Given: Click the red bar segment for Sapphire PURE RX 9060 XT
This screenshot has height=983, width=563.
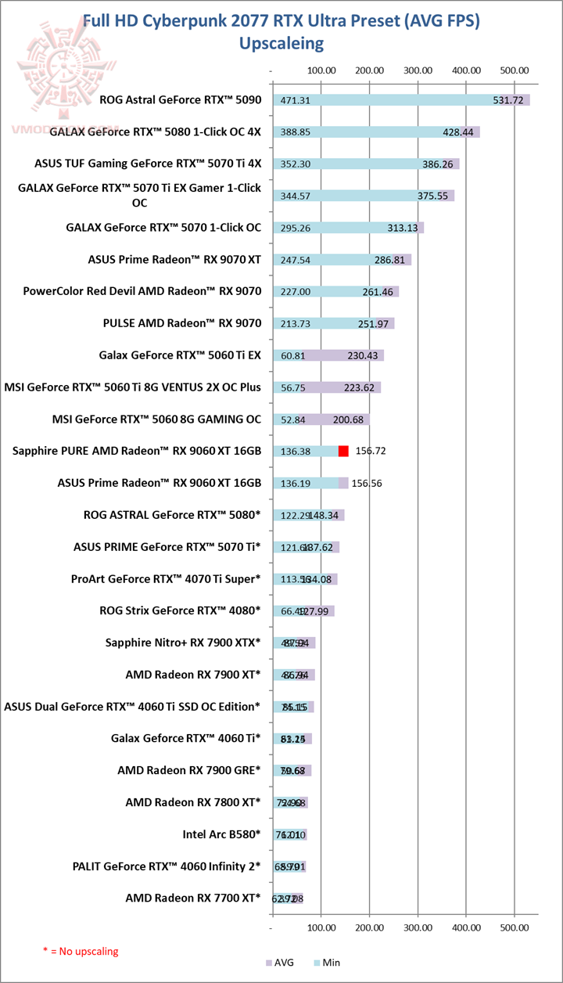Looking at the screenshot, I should pos(343,451).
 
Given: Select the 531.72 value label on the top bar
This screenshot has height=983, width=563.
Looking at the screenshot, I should pos(508,100).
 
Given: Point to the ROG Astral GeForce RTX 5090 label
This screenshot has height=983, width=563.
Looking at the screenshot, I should pos(181,100).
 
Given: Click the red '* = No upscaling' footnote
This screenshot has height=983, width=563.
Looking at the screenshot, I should pos(81,951).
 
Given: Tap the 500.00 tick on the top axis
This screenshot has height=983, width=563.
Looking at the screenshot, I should pos(514,70).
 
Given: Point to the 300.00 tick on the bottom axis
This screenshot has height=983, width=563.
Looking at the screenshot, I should pos(418,927).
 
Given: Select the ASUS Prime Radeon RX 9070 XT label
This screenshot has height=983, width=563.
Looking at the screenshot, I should pos(175,260).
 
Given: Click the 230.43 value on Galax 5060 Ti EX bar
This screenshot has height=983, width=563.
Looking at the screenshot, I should pos(362,355).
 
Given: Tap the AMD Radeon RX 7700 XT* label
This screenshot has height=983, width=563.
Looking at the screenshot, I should pos(192,898).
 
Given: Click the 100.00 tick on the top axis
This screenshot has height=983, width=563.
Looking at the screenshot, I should pos(321,70).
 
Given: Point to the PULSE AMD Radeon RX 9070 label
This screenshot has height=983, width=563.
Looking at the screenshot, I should pos(182,323).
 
